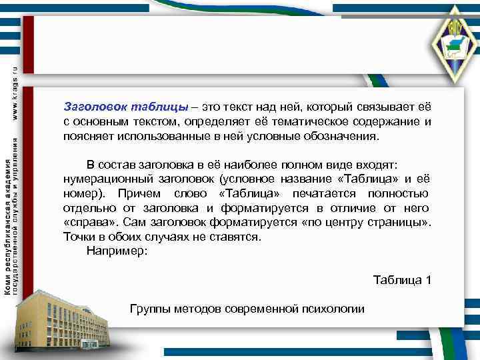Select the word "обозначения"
(342, 137)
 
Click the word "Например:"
(117, 251)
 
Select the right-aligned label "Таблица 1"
(402, 279)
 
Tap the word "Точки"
(80, 237)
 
